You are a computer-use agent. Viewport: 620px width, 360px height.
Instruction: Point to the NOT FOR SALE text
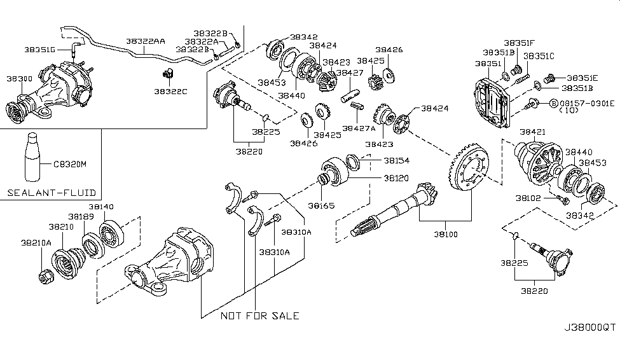tap(259, 315)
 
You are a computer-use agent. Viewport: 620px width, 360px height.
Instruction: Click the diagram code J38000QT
tap(589, 328)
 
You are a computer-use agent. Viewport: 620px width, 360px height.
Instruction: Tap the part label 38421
tap(532, 132)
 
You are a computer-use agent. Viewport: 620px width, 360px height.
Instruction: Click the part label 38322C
tap(170, 92)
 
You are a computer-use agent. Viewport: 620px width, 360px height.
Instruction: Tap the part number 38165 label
tap(321, 205)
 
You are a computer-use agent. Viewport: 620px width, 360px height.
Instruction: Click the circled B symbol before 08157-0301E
tap(553, 103)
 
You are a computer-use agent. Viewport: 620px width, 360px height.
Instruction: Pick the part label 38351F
tap(520, 43)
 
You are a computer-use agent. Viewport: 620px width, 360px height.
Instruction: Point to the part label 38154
tap(396, 161)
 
